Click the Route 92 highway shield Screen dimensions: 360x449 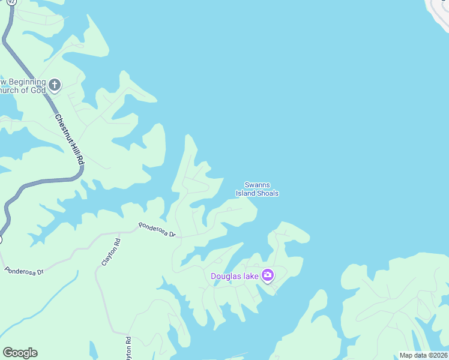[4, 2]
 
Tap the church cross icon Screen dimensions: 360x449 [55, 85]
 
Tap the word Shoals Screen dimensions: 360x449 [268, 193]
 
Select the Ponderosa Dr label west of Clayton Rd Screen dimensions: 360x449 [25, 271]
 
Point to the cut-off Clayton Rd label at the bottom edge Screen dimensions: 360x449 [128, 349]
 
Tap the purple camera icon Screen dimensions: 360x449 [268, 275]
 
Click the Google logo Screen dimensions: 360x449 [20, 353]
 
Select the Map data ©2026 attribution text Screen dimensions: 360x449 [423, 355]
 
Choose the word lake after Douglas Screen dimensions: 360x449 [252, 276]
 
